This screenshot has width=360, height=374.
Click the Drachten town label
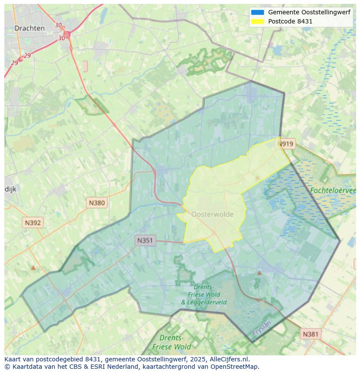tap(30, 28)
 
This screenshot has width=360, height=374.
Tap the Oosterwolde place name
tap(212, 214)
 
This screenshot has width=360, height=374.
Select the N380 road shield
tap(97, 202)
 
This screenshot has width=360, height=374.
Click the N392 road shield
tap(33, 223)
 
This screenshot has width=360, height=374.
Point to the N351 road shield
tap(145, 240)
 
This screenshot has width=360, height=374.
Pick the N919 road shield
tap(286, 144)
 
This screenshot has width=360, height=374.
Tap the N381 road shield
tap(310, 334)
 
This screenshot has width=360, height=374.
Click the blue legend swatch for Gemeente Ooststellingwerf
tap(257, 13)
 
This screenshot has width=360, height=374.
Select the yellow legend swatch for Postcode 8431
tap(257, 21)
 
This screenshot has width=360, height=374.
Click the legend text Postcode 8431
tap(290, 21)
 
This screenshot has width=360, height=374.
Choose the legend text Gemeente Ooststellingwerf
tap(309, 13)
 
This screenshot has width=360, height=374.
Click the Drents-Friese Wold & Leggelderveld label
tap(203, 295)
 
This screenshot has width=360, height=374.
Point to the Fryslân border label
tap(261, 328)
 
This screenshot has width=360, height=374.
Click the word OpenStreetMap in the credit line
tap(235, 367)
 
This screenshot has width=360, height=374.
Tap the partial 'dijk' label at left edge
tap(10, 189)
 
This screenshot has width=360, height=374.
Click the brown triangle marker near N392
tap(33, 268)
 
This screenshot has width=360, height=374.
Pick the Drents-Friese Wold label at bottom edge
tap(172, 342)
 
